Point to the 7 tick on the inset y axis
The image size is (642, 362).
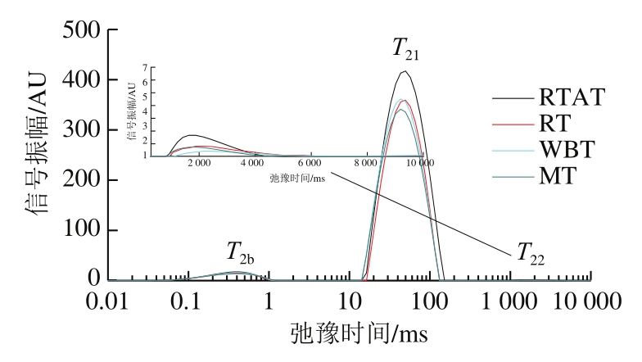144,67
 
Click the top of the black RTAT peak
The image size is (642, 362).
404,71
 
